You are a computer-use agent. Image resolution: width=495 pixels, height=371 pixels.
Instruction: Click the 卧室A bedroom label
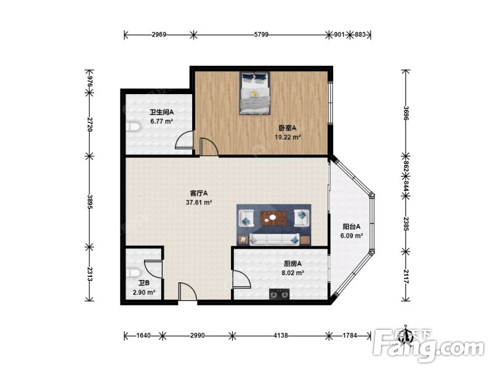pos(288,128)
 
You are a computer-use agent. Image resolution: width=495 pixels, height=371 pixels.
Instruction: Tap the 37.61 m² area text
pos(199,202)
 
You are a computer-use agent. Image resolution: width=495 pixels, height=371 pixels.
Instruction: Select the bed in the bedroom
pos(255,93)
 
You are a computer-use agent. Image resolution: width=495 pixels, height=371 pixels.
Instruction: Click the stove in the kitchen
pos(280,295)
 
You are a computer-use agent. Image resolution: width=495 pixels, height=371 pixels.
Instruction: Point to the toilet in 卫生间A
pos(132,127)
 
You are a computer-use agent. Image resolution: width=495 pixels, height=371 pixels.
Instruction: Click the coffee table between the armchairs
pos(273,218)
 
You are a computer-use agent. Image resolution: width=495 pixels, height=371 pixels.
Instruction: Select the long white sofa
pos(274,239)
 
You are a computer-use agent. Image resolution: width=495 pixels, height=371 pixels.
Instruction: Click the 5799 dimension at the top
pos(261,34)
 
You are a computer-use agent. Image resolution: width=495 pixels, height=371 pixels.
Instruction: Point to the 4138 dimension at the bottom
pos(281,336)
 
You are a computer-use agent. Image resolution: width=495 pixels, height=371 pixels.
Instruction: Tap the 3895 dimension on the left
pos(90,201)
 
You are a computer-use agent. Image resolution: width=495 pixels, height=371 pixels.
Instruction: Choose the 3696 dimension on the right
pos(406,113)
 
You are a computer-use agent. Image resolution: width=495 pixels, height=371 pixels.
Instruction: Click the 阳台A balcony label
pos(352,226)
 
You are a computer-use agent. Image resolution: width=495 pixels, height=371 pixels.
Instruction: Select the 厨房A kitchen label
pos(292,264)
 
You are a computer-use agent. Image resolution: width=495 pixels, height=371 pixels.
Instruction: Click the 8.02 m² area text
pos(292,273)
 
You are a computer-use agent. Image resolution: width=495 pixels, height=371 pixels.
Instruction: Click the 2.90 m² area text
pos(144,292)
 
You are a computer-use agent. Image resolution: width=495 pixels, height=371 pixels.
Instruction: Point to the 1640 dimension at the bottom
pos(143,336)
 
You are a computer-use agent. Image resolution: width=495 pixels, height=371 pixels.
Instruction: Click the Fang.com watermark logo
pos(429,346)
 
